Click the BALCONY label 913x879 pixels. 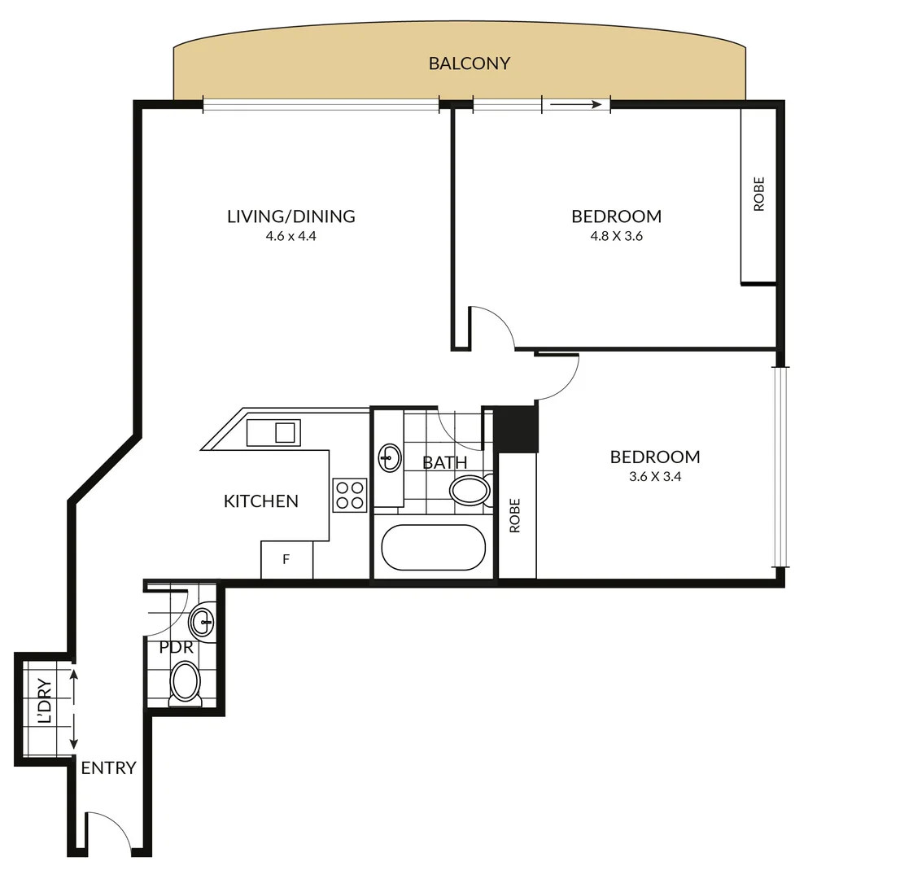[469, 63]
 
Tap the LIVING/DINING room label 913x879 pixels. [290, 216]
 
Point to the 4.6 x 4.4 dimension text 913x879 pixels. [290, 237]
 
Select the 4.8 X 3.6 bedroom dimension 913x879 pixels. [616, 237]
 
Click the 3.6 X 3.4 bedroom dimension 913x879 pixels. [654, 477]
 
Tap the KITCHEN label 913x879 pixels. [260, 501]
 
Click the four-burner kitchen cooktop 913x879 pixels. [350, 495]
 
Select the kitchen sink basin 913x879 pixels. [284, 432]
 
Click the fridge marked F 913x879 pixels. [286, 560]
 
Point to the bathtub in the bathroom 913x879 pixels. [433, 548]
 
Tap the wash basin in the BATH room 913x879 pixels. [390, 458]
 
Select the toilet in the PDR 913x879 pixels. [186, 682]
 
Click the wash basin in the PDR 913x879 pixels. [202, 624]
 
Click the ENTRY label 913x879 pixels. [108, 767]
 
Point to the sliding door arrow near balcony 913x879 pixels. [576, 104]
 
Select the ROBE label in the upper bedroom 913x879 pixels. [759, 195]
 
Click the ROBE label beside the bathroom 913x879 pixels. [515, 516]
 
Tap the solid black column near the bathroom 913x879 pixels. [517, 428]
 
